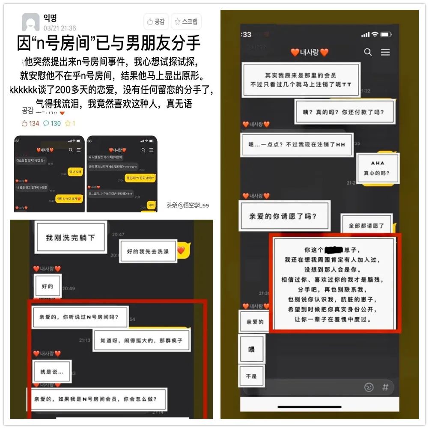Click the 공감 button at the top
coord(156,22)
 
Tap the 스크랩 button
coord(186,22)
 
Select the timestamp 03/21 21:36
coord(60,28)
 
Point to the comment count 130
coord(52,123)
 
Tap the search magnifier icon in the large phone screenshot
coord(368,52)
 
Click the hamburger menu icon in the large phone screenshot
coord(385,52)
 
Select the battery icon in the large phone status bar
coord(386,34)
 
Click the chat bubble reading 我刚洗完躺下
coord(70,238)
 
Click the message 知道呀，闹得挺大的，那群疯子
coord(141,340)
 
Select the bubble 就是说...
coord(52,372)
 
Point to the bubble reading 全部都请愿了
coord(366,225)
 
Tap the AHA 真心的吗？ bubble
coord(377,168)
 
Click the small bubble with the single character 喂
coord(251,349)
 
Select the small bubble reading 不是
coord(251,376)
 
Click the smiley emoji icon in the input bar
coord(369,387)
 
